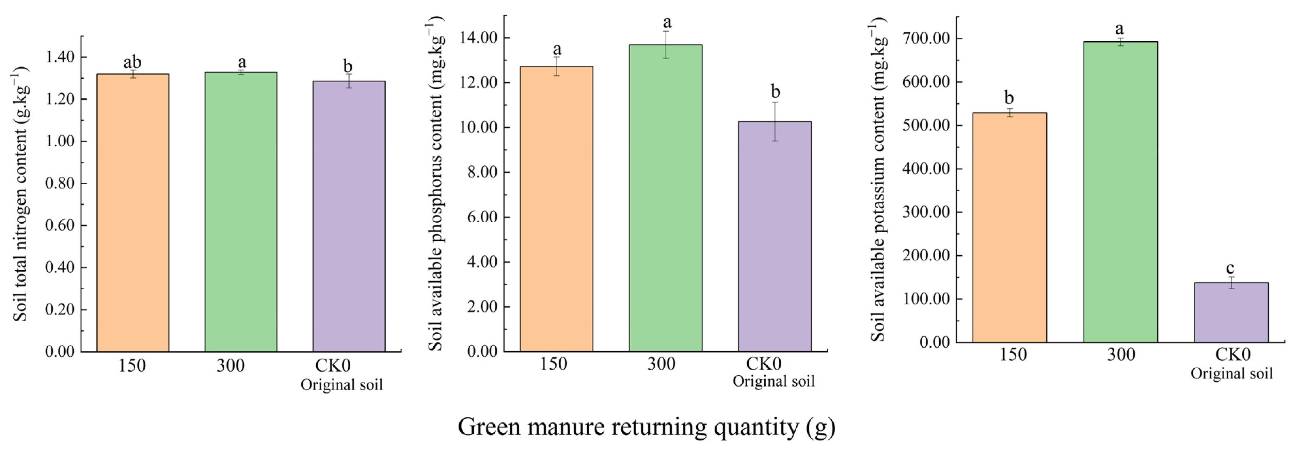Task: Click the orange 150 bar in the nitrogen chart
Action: (x=133, y=213)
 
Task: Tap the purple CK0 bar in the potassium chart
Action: (x=1231, y=312)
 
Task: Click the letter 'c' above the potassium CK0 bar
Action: (x=1230, y=268)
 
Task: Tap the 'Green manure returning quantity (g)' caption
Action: (x=646, y=427)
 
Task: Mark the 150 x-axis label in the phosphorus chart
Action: (x=553, y=364)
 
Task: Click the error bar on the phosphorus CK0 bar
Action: (x=775, y=121)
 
